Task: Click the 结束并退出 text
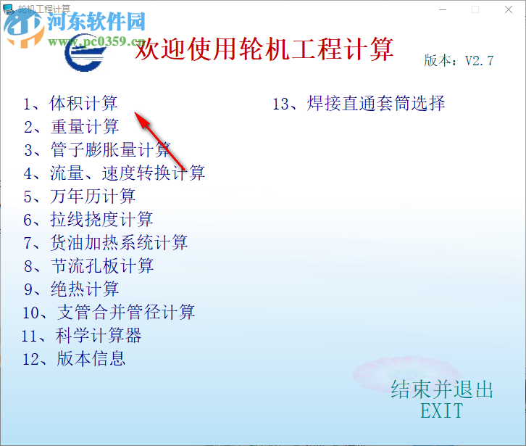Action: coord(442,390)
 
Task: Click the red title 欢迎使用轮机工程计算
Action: coord(265,50)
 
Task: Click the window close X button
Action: coord(507,9)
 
